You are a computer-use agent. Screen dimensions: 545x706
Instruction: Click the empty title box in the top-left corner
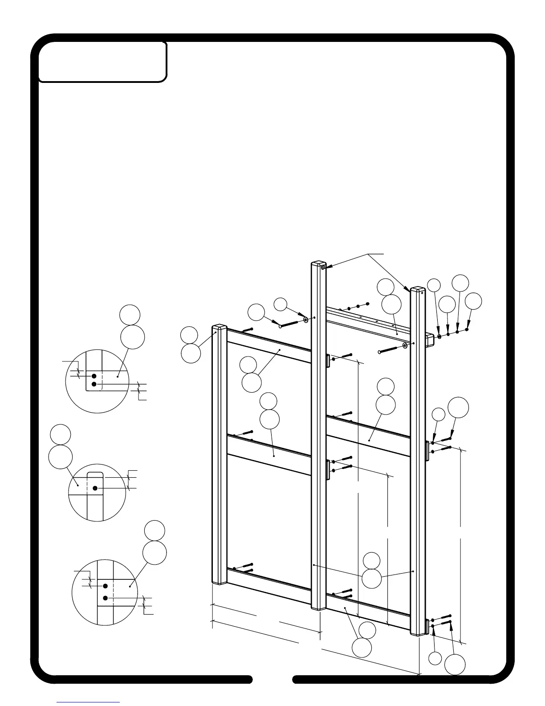tap(103, 62)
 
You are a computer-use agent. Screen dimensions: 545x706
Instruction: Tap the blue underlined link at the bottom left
tap(88, 702)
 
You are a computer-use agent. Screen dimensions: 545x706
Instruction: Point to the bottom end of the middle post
tap(318, 607)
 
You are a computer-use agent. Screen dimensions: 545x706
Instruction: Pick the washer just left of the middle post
tap(305, 320)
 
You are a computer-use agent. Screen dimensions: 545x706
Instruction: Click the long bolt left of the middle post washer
tap(289, 323)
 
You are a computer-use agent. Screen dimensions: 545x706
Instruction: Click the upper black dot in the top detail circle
tap(94, 376)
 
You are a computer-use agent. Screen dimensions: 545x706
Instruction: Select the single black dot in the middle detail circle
tap(95, 488)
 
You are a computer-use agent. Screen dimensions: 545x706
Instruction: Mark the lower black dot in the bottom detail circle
tap(106, 598)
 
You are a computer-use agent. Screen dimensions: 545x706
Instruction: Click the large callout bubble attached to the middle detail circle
tap(61, 456)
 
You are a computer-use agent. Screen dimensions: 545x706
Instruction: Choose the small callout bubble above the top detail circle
tap(130, 315)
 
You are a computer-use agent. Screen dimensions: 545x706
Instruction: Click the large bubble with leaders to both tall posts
tap(371, 579)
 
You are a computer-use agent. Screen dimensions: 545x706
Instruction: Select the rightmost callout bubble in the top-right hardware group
tap(473, 301)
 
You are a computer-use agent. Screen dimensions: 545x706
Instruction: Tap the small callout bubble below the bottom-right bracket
tap(435, 658)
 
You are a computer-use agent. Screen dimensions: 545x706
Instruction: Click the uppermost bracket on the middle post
tap(328, 360)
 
